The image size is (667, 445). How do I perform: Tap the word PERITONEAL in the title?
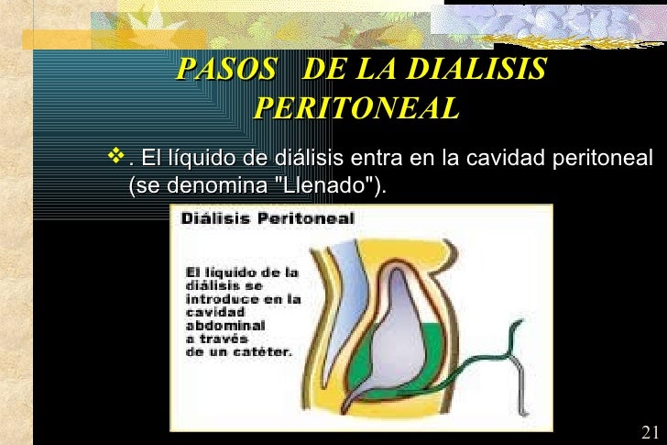click(x=355, y=108)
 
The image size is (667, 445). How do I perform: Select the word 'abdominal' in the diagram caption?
click(x=226, y=325)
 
